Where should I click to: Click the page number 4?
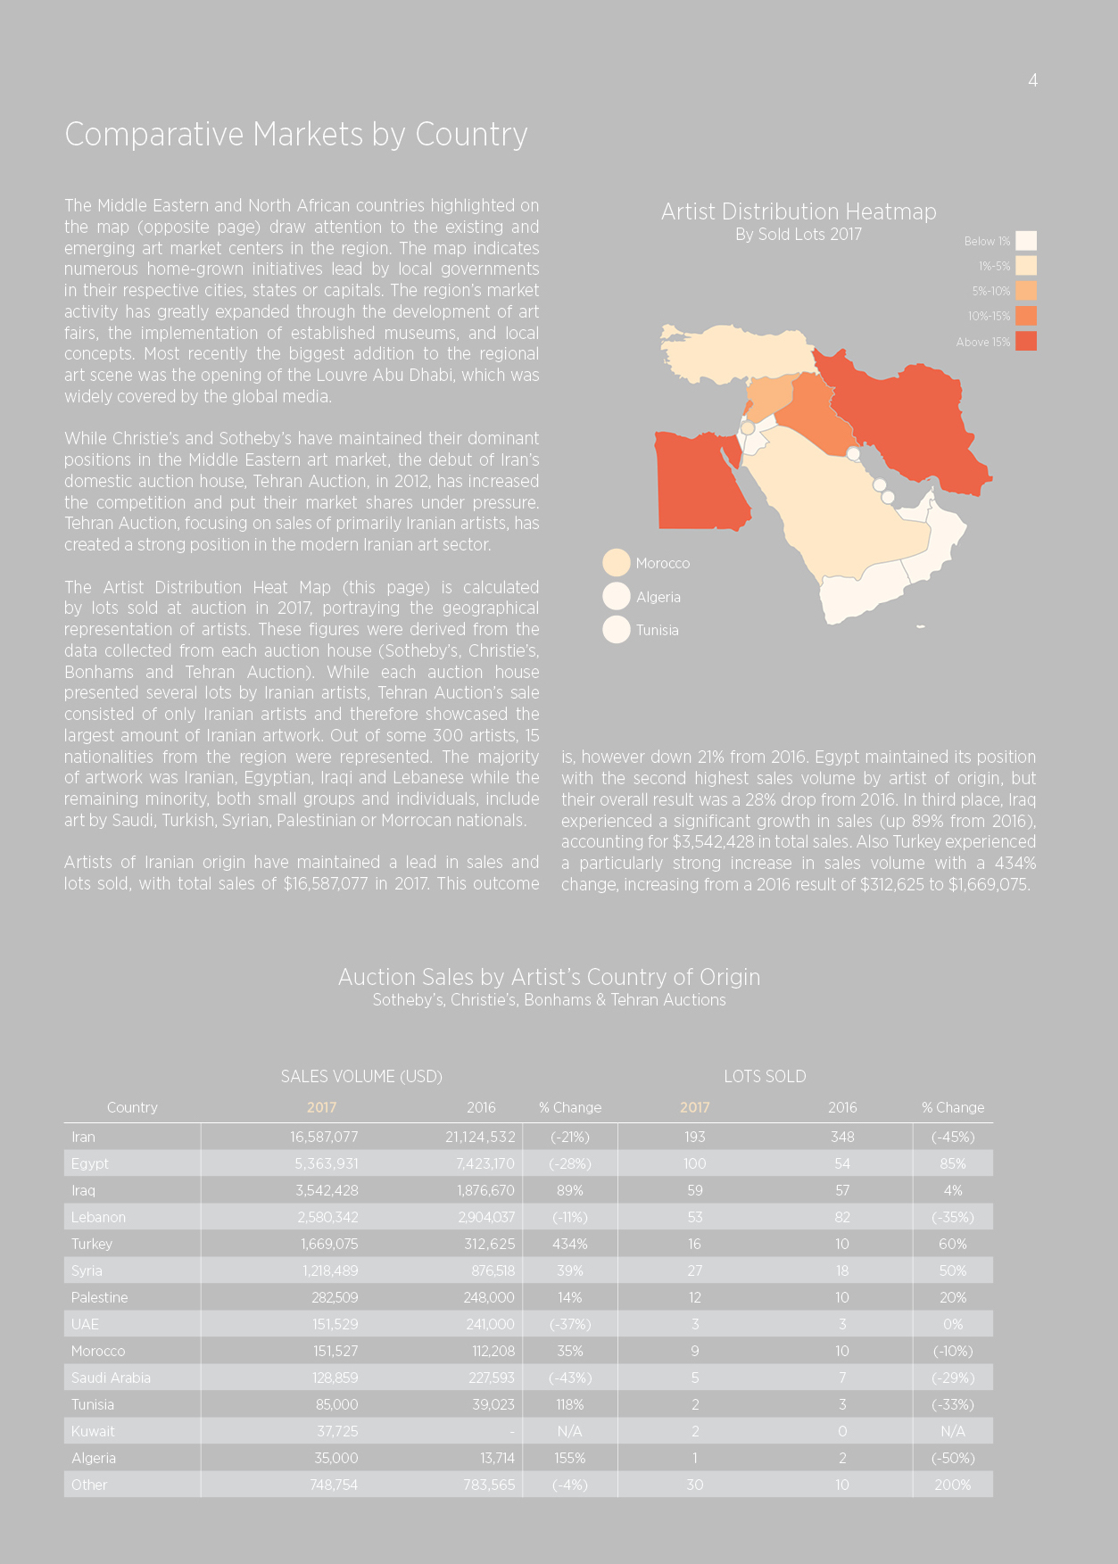tap(1032, 80)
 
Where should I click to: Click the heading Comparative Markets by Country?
tap(296, 135)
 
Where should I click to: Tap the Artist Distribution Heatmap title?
tap(799, 211)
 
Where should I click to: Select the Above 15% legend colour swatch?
tap(1026, 341)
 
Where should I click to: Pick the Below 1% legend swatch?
tap(1026, 241)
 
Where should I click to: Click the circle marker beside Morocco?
tap(617, 563)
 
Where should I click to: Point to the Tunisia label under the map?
tap(658, 630)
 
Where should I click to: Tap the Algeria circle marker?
tap(617, 596)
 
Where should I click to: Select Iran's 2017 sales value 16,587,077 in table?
tap(324, 1137)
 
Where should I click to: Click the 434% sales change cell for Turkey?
tap(570, 1244)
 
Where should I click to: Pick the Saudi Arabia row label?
tap(112, 1378)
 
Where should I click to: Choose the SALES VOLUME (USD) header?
tap(361, 1077)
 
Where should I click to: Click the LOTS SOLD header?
tap(765, 1077)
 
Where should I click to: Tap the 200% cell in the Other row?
tap(953, 1485)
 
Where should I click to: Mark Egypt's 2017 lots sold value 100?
tap(695, 1163)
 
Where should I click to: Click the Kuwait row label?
tap(93, 1431)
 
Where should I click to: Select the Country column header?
tap(132, 1107)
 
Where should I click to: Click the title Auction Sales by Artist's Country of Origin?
tap(550, 977)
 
